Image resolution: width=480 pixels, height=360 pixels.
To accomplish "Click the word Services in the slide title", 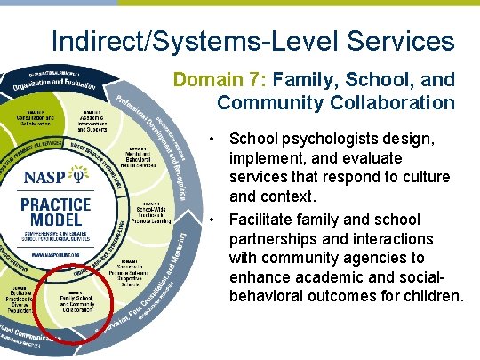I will (399, 41).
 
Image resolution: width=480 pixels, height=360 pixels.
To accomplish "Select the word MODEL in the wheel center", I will (56, 221).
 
